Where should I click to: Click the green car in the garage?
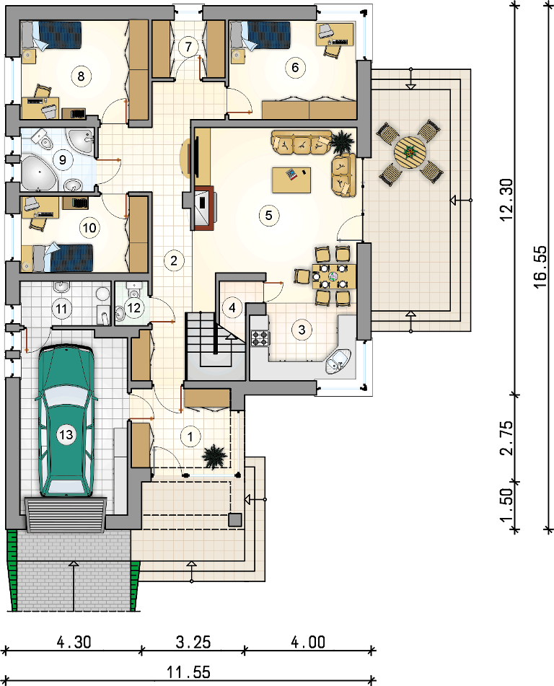coord(66,421)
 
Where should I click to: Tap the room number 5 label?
coord(268,215)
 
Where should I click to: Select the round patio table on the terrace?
coord(410,152)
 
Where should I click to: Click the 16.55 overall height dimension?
coord(541,266)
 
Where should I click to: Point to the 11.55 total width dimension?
coord(188,672)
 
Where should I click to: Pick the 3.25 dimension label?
coord(193,642)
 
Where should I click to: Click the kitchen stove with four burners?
coord(260,338)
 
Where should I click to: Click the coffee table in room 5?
coord(291,180)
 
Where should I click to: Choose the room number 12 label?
coord(134,307)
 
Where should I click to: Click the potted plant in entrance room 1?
coord(214,457)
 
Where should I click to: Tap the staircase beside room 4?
coord(214,346)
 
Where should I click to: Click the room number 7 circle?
coord(188,47)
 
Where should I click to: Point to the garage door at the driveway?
coord(66,514)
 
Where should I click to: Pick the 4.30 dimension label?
coord(74,642)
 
